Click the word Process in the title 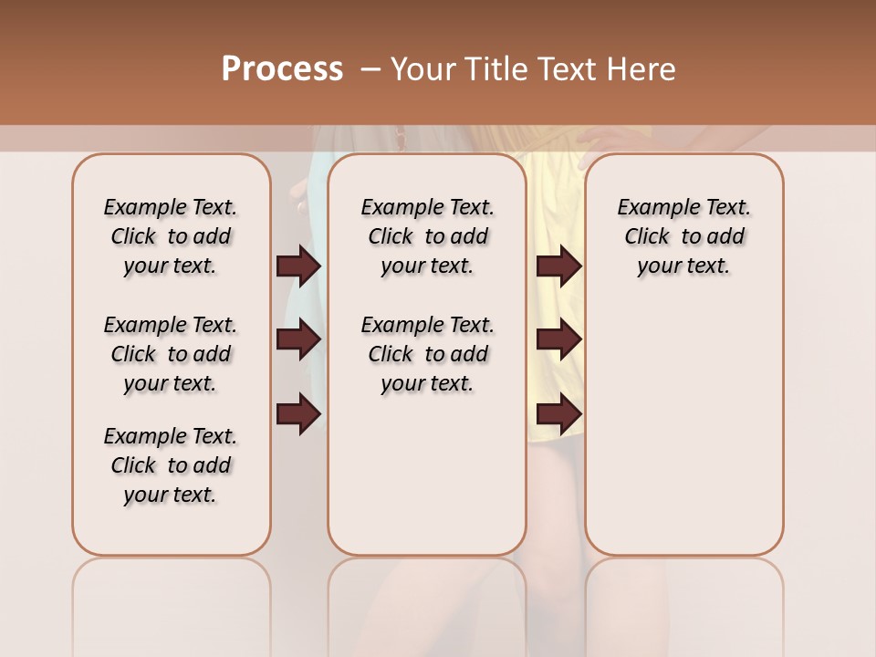point(282,69)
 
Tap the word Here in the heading point(642,69)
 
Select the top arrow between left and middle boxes point(298,266)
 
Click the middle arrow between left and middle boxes point(298,339)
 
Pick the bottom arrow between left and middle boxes point(298,415)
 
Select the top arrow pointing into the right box point(559,266)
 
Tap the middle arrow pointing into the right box point(559,339)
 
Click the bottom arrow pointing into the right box point(559,415)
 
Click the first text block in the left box point(171,236)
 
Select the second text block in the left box point(171,354)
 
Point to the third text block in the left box point(171,465)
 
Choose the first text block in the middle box point(427,236)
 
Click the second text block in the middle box point(427,354)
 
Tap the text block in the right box point(683,236)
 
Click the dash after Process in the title point(370,69)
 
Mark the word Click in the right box point(647,237)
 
